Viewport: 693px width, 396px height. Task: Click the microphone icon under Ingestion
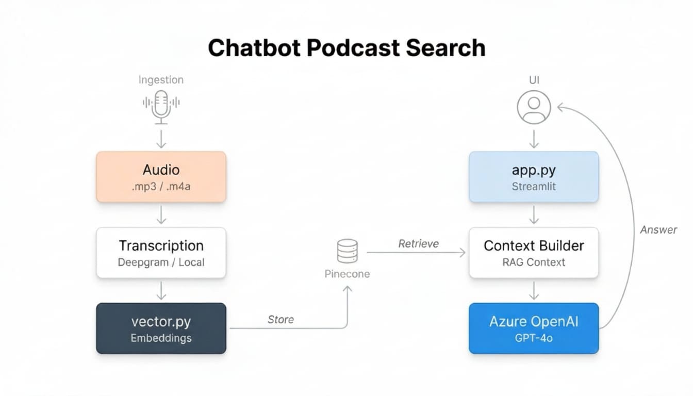[x=161, y=106]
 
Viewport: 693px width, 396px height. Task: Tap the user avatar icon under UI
[x=534, y=107]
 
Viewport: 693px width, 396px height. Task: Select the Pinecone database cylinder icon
[x=346, y=251]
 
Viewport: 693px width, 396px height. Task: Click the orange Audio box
[x=161, y=176]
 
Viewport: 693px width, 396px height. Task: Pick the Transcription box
[x=161, y=253]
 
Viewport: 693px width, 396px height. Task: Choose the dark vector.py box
[x=161, y=328]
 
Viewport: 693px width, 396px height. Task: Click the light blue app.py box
[x=534, y=176]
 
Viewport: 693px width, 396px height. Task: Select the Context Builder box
[x=534, y=253]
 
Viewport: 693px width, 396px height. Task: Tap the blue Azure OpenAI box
[x=534, y=328]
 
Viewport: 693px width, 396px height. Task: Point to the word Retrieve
[x=418, y=243]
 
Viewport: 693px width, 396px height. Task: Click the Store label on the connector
[x=280, y=320]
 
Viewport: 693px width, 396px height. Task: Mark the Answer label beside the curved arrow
[x=658, y=230]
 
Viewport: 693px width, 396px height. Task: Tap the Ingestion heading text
[x=161, y=80]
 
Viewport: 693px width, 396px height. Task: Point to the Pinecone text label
[x=347, y=274]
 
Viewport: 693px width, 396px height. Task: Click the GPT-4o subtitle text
[x=534, y=338]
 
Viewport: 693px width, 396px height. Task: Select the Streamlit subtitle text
[x=534, y=187]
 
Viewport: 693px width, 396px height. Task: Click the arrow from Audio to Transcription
[x=161, y=214]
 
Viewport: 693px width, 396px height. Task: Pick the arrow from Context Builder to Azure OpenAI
[x=534, y=290]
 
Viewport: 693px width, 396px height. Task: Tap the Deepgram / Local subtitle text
[x=161, y=262]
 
